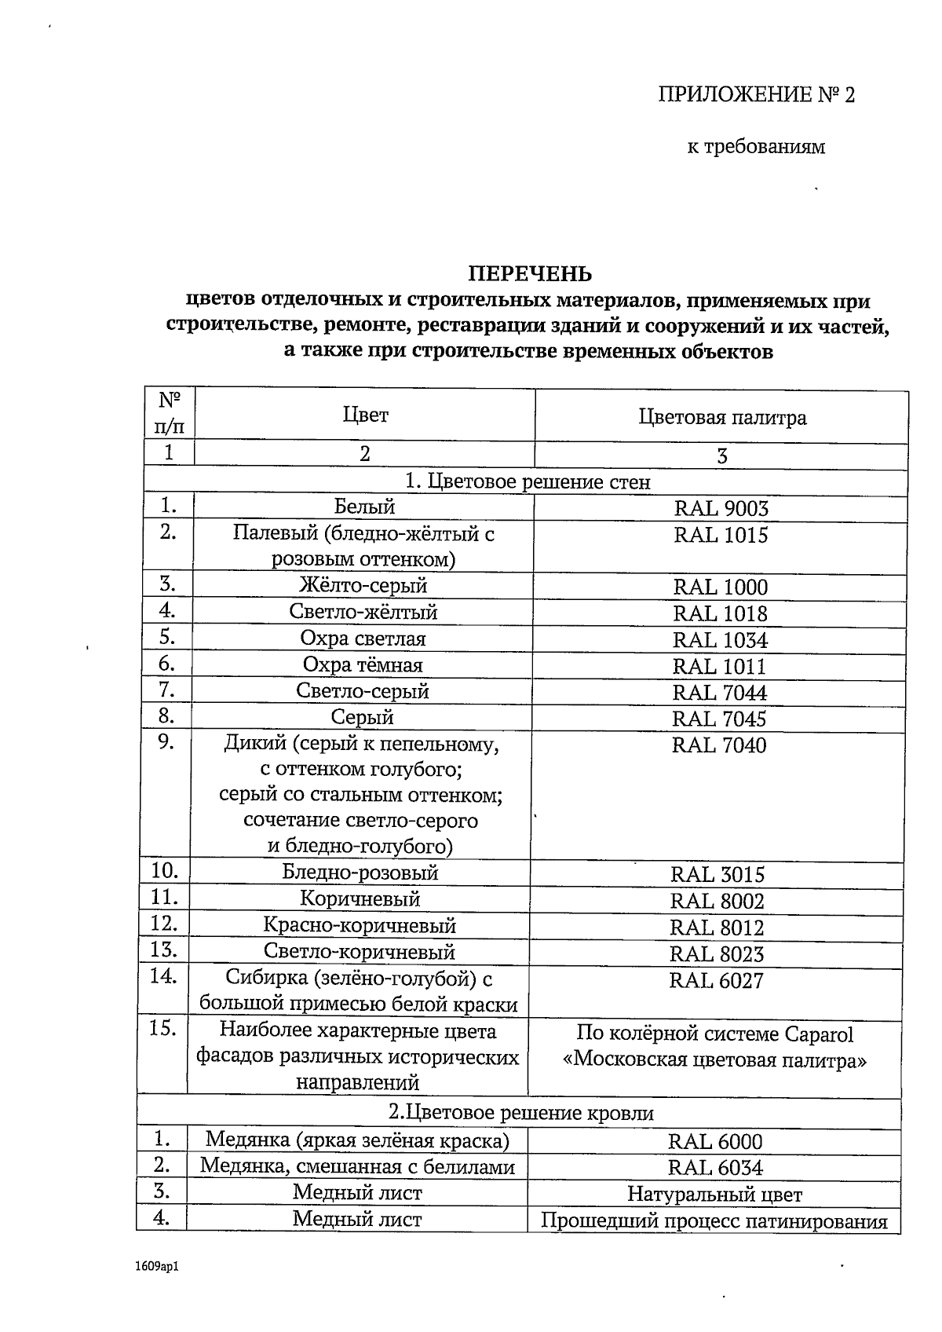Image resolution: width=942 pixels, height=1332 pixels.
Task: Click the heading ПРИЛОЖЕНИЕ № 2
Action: pyautogui.click(x=756, y=95)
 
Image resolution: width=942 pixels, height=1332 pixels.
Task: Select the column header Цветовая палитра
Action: pyautogui.click(x=722, y=417)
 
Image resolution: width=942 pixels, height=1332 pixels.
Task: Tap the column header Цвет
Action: pyautogui.click(x=365, y=415)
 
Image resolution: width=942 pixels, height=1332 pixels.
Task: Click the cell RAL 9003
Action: pyautogui.click(x=721, y=508)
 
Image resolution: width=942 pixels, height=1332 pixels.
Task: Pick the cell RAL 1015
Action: pyautogui.click(x=721, y=536)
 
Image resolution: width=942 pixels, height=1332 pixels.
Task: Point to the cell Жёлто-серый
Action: pyautogui.click(x=363, y=585)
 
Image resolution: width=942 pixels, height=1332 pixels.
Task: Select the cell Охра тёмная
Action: pyautogui.click(x=363, y=665)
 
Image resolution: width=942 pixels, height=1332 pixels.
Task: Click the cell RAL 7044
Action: pyautogui.click(x=720, y=693)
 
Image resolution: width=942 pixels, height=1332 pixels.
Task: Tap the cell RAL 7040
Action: pyautogui.click(x=719, y=745)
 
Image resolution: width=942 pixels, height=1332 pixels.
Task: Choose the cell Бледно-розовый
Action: pyautogui.click(x=360, y=873)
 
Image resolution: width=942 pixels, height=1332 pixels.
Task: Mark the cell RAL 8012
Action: pyautogui.click(x=717, y=928)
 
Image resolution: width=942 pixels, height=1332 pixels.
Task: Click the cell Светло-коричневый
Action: pyautogui.click(x=360, y=953)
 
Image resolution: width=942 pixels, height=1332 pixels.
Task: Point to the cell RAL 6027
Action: pyautogui.click(x=716, y=980)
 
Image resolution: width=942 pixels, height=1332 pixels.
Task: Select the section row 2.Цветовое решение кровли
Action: pyautogui.click(x=521, y=1113)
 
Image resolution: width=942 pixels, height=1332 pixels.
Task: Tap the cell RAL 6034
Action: pyautogui.click(x=715, y=1168)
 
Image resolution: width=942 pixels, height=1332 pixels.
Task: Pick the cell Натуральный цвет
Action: pyautogui.click(x=714, y=1195)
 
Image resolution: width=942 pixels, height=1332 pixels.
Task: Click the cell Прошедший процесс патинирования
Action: pyautogui.click(x=714, y=1222)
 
